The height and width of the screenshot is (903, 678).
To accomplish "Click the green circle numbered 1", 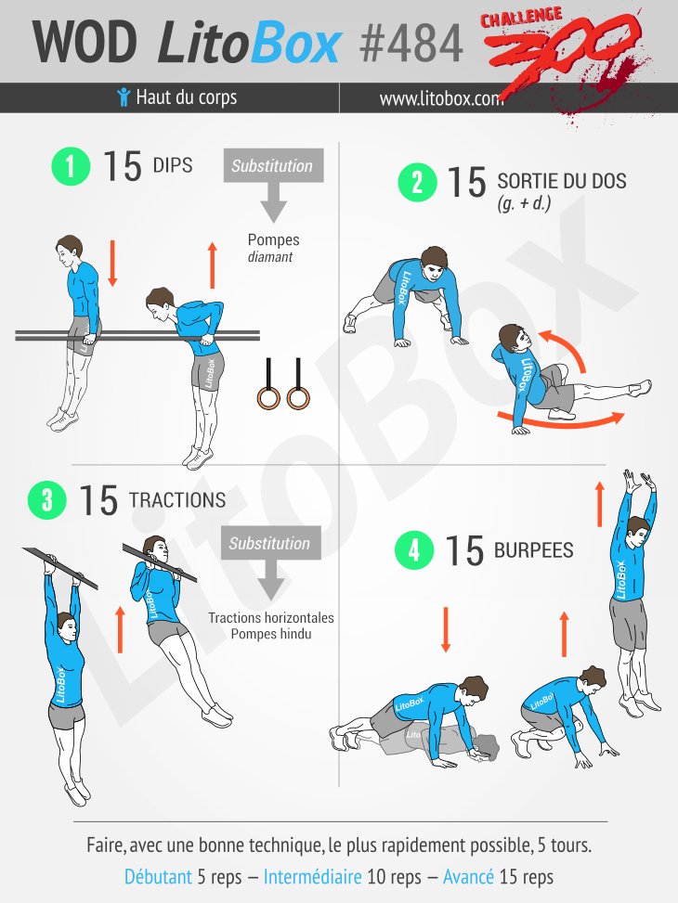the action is pyautogui.click(x=71, y=166).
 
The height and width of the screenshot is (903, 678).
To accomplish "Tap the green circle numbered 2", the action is pyautogui.click(x=417, y=183).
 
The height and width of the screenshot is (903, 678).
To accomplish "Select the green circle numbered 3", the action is pyautogui.click(x=47, y=500).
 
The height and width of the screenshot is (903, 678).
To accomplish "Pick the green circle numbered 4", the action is pyautogui.click(x=414, y=550).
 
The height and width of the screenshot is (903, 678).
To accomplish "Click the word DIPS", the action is pyautogui.click(x=173, y=165).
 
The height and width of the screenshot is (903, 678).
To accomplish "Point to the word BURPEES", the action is pyautogui.click(x=534, y=550).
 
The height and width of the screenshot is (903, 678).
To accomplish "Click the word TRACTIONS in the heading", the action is pyautogui.click(x=177, y=500).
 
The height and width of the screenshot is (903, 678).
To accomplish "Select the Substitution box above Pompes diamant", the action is pyautogui.click(x=273, y=165).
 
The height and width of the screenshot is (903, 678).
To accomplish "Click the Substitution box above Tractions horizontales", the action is pyautogui.click(x=270, y=543).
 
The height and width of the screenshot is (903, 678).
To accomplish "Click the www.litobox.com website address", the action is pyautogui.click(x=441, y=98).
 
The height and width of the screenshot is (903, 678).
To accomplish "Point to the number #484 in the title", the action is pyautogui.click(x=411, y=43).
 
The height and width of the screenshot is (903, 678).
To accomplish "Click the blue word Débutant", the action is pyautogui.click(x=158, y=876).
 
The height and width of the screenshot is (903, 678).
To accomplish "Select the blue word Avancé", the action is pyautogui.click(x=468, y=876).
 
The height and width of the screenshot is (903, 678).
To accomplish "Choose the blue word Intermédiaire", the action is pyautogui.click(x=312, y=876).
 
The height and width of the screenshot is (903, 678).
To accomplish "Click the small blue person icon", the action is pyautogui.click(x=124, y=97).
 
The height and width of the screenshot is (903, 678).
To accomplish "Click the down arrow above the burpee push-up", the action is pyautogui.click(x=445, y=629).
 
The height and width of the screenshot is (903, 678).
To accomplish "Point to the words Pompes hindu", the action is pyautogui.click(x=271, y=634).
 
